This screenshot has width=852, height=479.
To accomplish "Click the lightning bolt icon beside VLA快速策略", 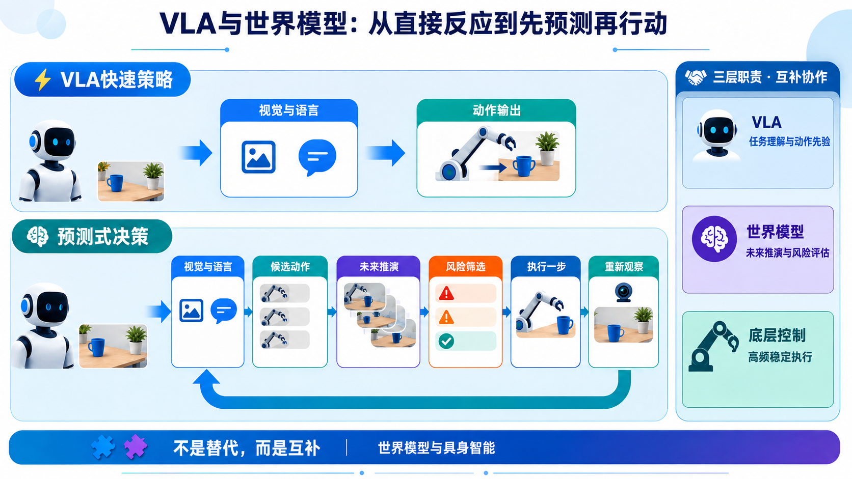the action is point(42,80).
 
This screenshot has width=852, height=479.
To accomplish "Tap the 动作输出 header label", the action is point(496,110).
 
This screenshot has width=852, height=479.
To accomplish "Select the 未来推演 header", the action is point(379,267).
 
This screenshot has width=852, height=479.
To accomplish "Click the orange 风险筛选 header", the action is point(466,267).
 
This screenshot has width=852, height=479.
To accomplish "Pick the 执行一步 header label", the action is point(546,267).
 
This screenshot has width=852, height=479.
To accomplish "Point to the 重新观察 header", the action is point(624,267).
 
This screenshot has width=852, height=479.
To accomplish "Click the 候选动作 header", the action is point(290,267).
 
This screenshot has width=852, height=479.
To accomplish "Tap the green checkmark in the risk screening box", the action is point(446,341).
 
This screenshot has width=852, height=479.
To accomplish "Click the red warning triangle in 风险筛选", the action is point(446,294).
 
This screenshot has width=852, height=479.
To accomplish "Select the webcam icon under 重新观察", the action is point(624,292).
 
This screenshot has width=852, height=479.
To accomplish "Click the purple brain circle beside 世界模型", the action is point(714,239).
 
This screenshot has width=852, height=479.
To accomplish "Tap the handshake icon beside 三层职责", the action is point(695,77).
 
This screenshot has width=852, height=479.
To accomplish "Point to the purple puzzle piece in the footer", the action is point(136,446).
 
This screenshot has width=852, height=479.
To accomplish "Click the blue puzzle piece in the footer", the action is point(103,447).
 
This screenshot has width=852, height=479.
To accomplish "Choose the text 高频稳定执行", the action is point(780,357).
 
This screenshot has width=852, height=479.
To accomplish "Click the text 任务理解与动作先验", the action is point(790,142).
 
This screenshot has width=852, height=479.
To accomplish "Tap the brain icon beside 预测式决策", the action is point(38,236).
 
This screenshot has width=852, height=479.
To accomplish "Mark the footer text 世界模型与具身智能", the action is point(436,448).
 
